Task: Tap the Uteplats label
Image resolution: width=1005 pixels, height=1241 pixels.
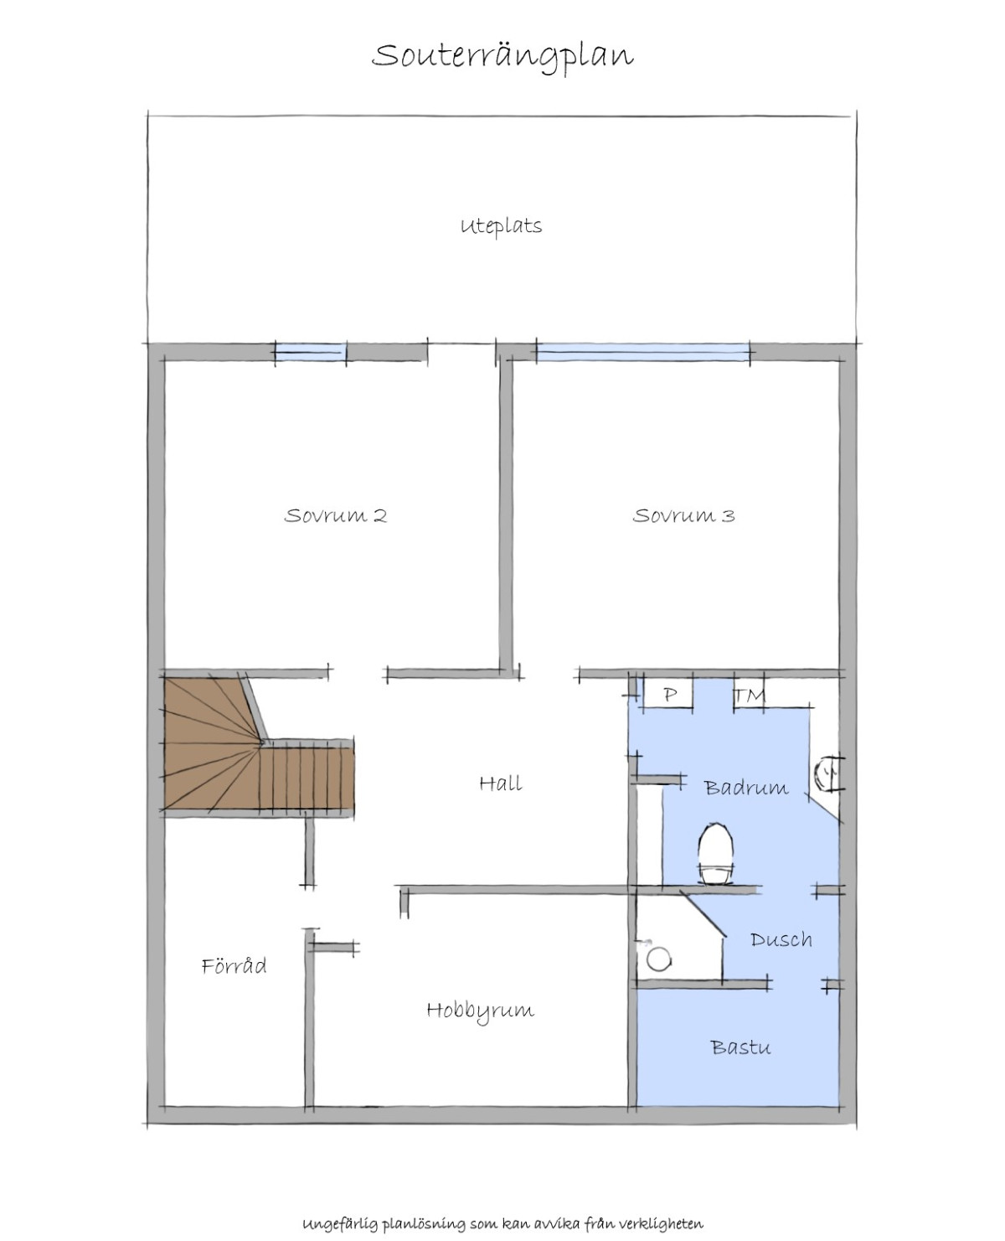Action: point(501,226)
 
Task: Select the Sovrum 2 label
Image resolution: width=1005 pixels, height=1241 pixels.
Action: point(335,515)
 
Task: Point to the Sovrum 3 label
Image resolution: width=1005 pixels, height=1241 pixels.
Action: point(683,515)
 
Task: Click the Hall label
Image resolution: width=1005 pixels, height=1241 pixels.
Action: point(500,783)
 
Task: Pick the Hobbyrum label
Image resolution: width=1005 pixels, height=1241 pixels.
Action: point(481,1011)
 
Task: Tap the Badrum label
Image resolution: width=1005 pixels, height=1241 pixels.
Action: point(746,789)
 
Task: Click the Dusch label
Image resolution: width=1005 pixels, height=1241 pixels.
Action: point(781,940)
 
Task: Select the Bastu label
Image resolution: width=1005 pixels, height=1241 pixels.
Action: point(740,1047)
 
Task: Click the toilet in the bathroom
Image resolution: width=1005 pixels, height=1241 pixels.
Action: point(715,854)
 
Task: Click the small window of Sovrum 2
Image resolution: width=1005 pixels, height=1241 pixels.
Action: point(311,352)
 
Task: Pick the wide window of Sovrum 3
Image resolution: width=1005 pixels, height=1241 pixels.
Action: point(642,352)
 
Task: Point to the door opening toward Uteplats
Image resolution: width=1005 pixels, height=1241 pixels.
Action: point(461,352)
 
